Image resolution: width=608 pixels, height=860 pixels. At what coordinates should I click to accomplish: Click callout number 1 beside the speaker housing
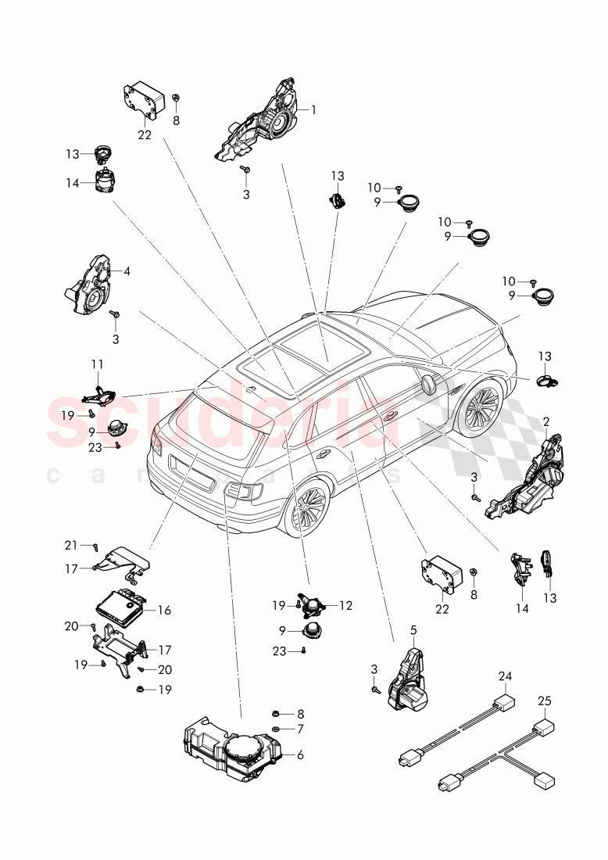click(313, 109)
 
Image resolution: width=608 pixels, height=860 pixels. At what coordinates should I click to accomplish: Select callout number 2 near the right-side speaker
click(545, 422)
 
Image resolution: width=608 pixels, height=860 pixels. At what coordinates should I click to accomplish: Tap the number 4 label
click(127, 271)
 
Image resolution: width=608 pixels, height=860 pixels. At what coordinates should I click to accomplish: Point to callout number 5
click(413, 629)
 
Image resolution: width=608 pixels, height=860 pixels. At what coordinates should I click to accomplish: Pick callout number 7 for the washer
click(300, 728)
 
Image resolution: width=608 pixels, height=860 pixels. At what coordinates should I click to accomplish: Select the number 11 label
click(97, 364)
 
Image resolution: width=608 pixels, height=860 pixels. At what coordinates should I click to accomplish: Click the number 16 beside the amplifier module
click(164, 610)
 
